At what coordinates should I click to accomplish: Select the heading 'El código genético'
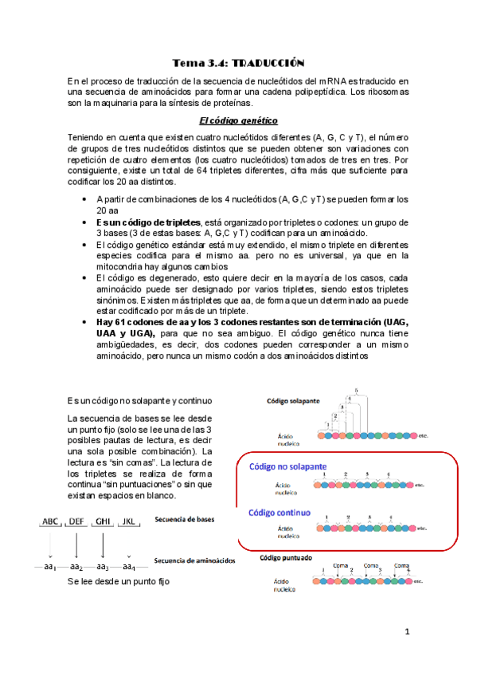pos(238,120)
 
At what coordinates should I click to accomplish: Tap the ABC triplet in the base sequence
pos(51,522)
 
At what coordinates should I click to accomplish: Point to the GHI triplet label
pos(104,522)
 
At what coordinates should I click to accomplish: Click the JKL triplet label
pos(129,522)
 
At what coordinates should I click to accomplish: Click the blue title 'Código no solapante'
pos(287,466)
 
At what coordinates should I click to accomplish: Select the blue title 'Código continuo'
pos(280,513)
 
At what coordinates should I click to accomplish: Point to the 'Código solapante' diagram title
pos(293,400)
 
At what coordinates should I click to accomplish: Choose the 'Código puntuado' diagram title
pos(286,558)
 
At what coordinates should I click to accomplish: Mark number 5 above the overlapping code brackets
pos(356,390)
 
